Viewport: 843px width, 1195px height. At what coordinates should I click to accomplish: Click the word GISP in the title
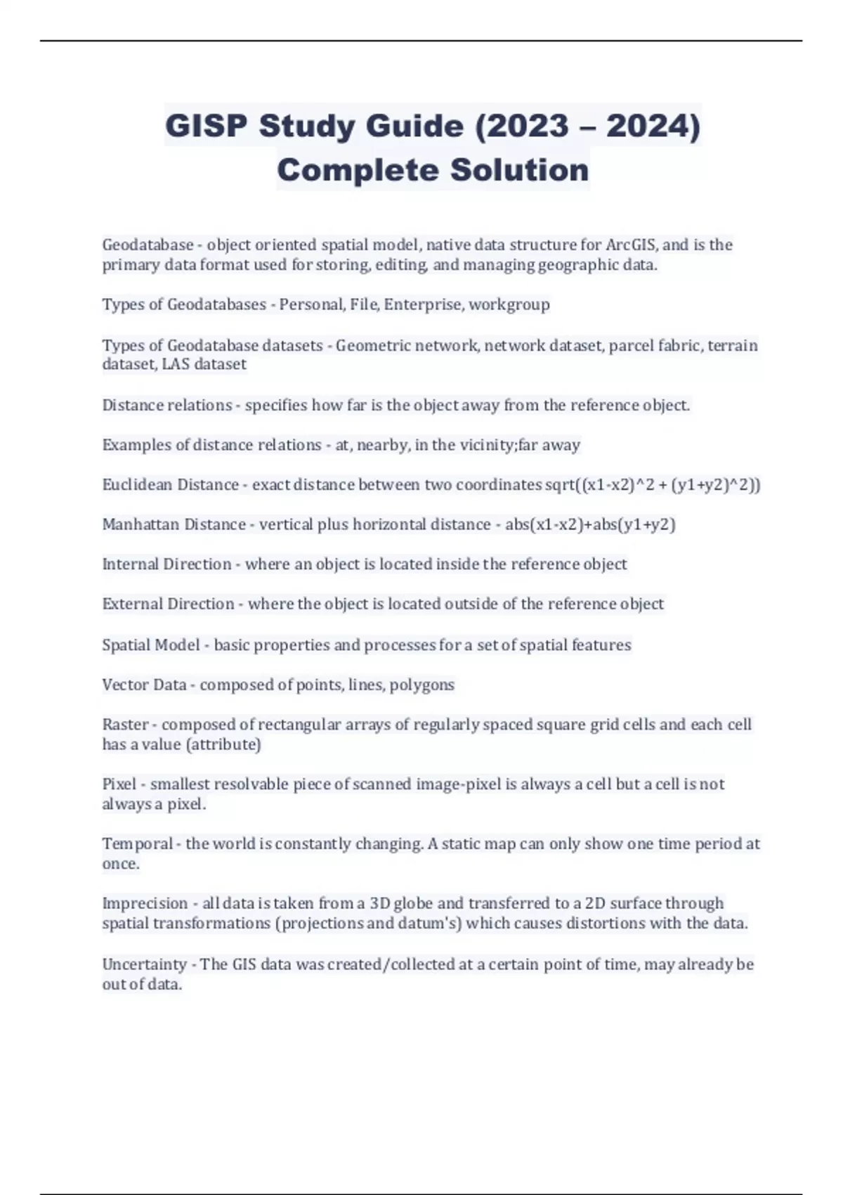click(x=207, y=127)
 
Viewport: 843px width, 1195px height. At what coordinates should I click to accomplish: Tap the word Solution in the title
click(x=519, y=170)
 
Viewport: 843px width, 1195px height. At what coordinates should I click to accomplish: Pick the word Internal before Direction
click(x=131, y=564)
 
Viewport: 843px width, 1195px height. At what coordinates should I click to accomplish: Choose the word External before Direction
click(x=133, y=604)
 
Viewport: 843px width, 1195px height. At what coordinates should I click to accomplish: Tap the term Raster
click(x=125, y=724)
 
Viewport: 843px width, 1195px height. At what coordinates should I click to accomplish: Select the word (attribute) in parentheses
click(x=223, y=744)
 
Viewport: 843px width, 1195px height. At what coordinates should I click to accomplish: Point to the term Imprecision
click(x=145, y=903)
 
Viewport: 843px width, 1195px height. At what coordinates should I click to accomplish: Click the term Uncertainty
click(x=144, y=964)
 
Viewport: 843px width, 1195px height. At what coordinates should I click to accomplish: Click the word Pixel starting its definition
click(x=119, y=784)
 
